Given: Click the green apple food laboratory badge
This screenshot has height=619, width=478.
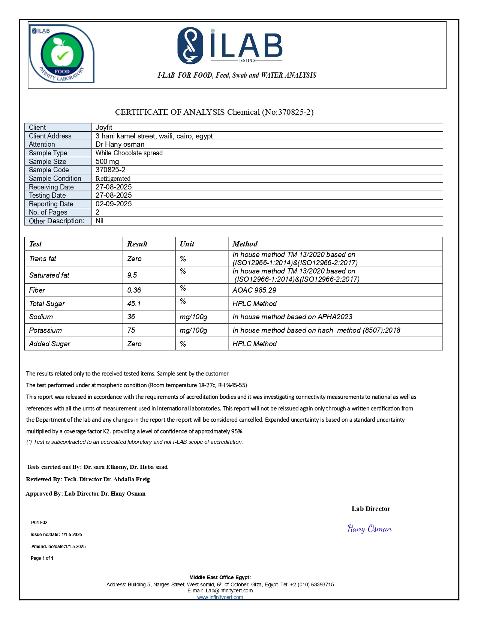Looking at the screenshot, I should pos(62,54).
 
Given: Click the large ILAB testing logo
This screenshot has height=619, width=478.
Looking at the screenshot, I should pos(230,46).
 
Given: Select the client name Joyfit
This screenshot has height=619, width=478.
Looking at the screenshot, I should pos(104,128).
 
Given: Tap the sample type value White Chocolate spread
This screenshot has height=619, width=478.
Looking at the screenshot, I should pos(129,153).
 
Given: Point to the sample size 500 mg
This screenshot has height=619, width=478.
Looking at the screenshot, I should pos(107,162).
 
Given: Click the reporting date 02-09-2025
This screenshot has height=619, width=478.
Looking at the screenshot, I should pos(114,204).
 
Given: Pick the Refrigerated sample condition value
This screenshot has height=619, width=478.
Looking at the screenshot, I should pos(113,179).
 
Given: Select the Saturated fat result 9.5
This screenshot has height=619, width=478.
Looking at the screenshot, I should pos(132,275).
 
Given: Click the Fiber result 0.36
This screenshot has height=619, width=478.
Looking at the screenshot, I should pos(134,290).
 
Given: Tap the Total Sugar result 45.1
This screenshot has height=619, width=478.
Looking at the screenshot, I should pos(134,304).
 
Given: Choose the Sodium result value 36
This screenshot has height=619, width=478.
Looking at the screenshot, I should pos(131,317).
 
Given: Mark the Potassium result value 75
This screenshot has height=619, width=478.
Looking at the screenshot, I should pos(131,331).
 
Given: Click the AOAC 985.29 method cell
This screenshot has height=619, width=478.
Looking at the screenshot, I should pos(254,290).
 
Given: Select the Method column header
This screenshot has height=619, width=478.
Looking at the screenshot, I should pos(245,244).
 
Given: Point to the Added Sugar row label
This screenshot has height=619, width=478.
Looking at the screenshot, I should pos(50,344).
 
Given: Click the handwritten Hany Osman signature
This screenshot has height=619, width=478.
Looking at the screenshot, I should pos(370,529).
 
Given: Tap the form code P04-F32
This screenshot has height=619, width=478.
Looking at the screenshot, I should pos(39,523).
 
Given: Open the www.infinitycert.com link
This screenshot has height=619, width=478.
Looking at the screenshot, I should pos(220,597).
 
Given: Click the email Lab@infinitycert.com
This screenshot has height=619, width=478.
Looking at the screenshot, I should pos(229,590).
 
